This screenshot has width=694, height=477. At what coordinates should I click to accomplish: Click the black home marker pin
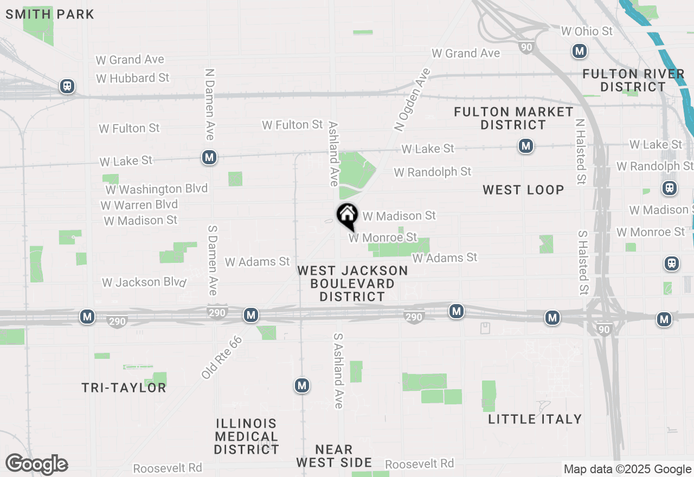pyautogui.click(x=347, y=215)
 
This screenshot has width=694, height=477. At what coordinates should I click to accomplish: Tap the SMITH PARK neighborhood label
pyautogui.click(x=50, y=14)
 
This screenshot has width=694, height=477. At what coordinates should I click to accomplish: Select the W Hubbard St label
pyautogui.click(x=133, y=78)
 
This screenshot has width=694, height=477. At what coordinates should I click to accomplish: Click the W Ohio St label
pyautogui.click(x=587, y=31)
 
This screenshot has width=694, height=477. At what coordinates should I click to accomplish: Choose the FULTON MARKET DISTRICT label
pyautogui.click(x=513, y=118)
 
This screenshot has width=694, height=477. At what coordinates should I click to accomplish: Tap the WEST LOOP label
pyautogui.click(x=523, y=190)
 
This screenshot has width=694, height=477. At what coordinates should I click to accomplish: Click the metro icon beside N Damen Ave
pyautogui.click(x=209, y=158)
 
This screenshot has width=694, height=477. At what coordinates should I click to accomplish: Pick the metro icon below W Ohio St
pyautogui.click(x=580, y=51)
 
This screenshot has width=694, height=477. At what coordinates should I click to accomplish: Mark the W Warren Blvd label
pyautogui.click(x=139, y=205)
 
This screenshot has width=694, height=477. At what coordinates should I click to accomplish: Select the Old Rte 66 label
pyautogui.click(x=222, y=357)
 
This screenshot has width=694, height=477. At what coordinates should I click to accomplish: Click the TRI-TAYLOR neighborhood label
pyautogui.click(x=124, y=388)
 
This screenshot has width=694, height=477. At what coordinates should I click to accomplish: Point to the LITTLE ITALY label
pyautogui.click(x=535, y=419)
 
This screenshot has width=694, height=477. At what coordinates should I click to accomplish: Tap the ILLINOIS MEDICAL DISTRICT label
pyautogui.click(x=246, y=436)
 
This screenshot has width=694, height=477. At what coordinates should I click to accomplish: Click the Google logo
pyautogui.click(x=36, y=465)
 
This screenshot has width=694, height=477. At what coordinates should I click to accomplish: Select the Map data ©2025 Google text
pyautogui.click(x=627, y=469)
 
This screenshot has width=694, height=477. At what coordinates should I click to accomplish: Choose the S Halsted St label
pyautogui.click(x=583, y=262)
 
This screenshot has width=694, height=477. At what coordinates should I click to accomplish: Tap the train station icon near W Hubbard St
pyautogui.click(x=67, y=86)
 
